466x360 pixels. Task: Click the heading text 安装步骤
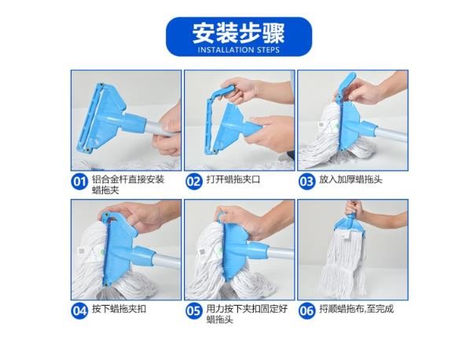pos(238,33)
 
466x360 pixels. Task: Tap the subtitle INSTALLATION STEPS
pos(239,50)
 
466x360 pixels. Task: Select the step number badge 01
pos(79,181)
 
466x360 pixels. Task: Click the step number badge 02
pos(194,181)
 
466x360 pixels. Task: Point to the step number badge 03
pos(306,181)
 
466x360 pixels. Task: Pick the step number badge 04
pos(79,311)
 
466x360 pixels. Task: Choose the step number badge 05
pos(194,311)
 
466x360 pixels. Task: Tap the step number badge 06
pos(306,311)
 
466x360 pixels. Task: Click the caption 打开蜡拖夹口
pos(233,179)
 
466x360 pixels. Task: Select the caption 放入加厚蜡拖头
pos(351,179)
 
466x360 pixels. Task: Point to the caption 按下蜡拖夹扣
pos(119,309)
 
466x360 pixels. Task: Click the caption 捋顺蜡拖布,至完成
pos(357,309)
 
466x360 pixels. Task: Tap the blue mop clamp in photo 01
pos(107,119)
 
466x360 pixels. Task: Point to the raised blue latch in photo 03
pos(347,84)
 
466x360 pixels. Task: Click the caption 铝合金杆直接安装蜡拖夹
pos(128,185)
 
